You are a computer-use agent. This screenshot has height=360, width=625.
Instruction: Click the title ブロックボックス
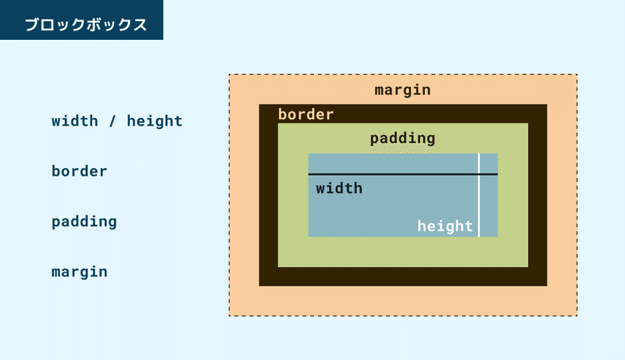[x=86, y=25]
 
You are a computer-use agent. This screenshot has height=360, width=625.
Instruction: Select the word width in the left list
[x=74, y=121]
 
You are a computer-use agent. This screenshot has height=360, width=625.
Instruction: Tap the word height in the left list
[x=155, y=121]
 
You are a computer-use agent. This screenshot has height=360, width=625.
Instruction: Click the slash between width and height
[x=112, y=121]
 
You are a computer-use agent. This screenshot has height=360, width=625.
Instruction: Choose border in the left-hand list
[x=80, y=171]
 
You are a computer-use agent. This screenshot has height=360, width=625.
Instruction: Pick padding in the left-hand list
[x=84, y=222]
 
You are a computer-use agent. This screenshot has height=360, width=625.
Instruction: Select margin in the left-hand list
[x=80, y=272]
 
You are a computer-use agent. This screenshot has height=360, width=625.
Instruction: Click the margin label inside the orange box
[x=402, y=90]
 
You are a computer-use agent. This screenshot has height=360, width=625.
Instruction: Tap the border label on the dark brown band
[x=305, y=114]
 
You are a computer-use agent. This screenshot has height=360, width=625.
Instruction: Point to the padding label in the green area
[x=402, y=138]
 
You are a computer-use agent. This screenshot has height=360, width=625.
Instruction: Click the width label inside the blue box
[x=339, y=188]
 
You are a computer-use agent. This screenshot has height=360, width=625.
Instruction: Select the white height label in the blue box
[x=445, y=226]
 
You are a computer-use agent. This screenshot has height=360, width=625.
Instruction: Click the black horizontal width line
[x=403, y=174]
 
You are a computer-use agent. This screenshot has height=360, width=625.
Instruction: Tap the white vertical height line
[x=479, y=195]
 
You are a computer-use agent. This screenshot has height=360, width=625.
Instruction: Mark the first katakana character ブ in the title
[x=32, y=25]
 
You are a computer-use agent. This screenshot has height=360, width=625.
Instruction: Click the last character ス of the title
[x=140, y=25]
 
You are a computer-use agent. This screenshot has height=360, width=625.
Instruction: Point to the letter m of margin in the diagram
[x=379, y=91]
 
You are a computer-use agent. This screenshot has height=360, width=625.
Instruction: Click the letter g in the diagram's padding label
[x=431, y=141]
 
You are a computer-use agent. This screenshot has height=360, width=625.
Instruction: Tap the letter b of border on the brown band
[x=282, y=114]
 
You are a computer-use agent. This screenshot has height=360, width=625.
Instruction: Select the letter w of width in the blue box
[x=320, y=190]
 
